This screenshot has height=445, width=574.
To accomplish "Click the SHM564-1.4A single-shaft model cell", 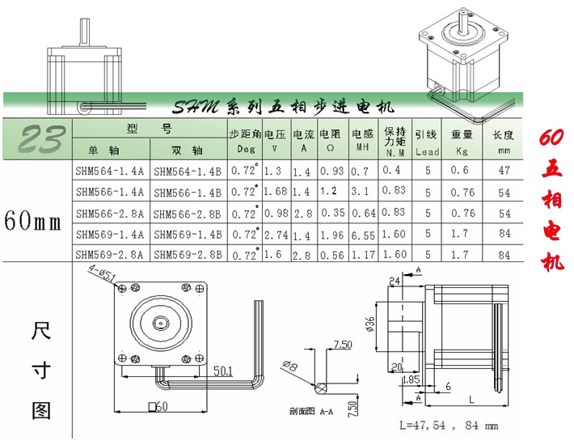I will click(x=109, y=171).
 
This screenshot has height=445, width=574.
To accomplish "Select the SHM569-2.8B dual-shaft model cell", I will click(x=187, y=254).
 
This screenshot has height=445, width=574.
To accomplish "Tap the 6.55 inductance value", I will click(x=364, y=234).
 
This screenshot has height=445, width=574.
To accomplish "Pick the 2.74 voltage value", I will click(x=275, y=234).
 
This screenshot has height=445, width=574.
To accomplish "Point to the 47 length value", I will click(x=504, y=171).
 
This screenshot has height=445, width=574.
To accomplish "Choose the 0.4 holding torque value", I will click(x=392, y=171).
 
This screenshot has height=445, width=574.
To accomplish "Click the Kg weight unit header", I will click(x=462, y=151).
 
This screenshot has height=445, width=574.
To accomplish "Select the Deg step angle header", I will click(x=245, y=150).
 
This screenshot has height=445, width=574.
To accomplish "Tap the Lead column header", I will click(x=426, y=151).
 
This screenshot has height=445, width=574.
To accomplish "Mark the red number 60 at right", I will click(x=551, y=138).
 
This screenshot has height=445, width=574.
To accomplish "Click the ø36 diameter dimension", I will click(x=371, y=324).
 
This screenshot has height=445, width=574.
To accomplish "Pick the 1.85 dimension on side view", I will click(x=410, y=378).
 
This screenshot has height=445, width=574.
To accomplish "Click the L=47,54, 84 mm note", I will click(x=449, y=425).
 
